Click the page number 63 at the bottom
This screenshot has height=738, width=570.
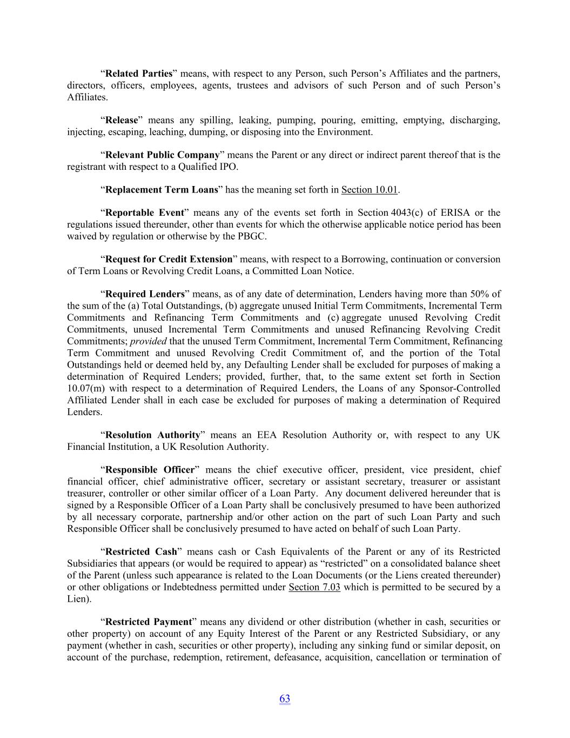pyautogui.click(x=285, y=699)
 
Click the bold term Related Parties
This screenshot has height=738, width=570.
pyautogui.click(x=139, y=74)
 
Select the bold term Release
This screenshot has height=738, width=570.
pyautogui.click(x=122, y=120)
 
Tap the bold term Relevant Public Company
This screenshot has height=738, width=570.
pyautogui.click(x=162, y=155)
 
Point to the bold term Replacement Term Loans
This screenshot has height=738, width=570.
pyautogui.click(x=162, y=190)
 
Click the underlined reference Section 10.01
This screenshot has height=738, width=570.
pyautogui.click(x=370, y=190)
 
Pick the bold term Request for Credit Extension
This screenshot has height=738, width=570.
pyautogui.click(x=169, y=259)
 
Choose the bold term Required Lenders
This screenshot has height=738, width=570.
pyautogui.click(x=145, y=294)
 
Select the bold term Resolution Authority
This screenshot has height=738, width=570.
pyautogui.click(x=153, y=435)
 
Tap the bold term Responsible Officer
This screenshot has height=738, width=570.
pyautogui.click(x=150, y=470)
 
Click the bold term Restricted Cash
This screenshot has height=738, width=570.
pyautogui.click(x=141, y=552)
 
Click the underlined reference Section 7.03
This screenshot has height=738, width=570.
pyautogui.click(x=314, y=587)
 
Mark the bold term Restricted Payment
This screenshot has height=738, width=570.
pyautogui.click(x=149, y=622)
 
